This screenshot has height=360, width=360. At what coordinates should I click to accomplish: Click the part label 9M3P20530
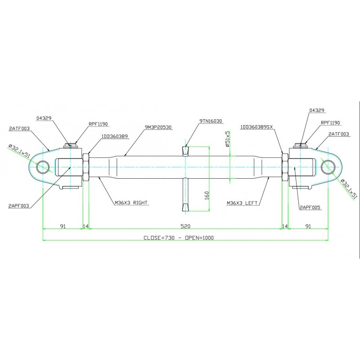pyautogui.click(x=158, y=127)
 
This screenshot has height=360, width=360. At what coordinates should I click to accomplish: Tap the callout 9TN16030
pyautogui.click(x=211, y=121)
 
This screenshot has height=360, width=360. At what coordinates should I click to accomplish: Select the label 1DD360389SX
pyautogui.click(x=256, y=127)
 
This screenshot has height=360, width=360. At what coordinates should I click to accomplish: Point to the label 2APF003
pyautogui.click(x=19, y=206)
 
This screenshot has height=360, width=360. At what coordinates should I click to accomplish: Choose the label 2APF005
pyautogui.click(x=310, y=207)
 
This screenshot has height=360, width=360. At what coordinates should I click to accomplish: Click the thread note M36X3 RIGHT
pyautogui.click(x=131, y=202)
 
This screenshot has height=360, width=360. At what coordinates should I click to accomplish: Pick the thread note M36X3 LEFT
pyautogui.click(x=242, y=203)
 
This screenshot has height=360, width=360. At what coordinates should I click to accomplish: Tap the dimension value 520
pyautogui.click(x=185, y=226)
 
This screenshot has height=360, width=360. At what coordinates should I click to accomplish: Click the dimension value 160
pyautogui.click(x=207, y=195)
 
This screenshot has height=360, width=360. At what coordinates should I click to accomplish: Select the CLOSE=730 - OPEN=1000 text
pyautogui.click(x=179, y=238)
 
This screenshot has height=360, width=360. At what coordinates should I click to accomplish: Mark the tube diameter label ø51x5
pyautogui.click(x=227, y=139)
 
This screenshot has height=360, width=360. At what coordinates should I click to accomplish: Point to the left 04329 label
pyautogui.click(x=44, y=118)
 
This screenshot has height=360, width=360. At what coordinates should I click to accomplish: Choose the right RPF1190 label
pyautogui.click(x=330, y=122)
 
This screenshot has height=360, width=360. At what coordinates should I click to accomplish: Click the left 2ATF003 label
pyautogui.click(x=19, y=128)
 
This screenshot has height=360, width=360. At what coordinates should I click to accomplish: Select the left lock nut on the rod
pyautogui.click(x=85, y=167)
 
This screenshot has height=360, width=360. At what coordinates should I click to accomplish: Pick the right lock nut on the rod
pyautogui.click(x=285, y=167)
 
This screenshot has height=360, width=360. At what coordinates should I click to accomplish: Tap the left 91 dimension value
pyautogui.click(x=63, y=226)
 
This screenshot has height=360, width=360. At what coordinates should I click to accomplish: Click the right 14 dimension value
pyautogui.click(x=285, y=226)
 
